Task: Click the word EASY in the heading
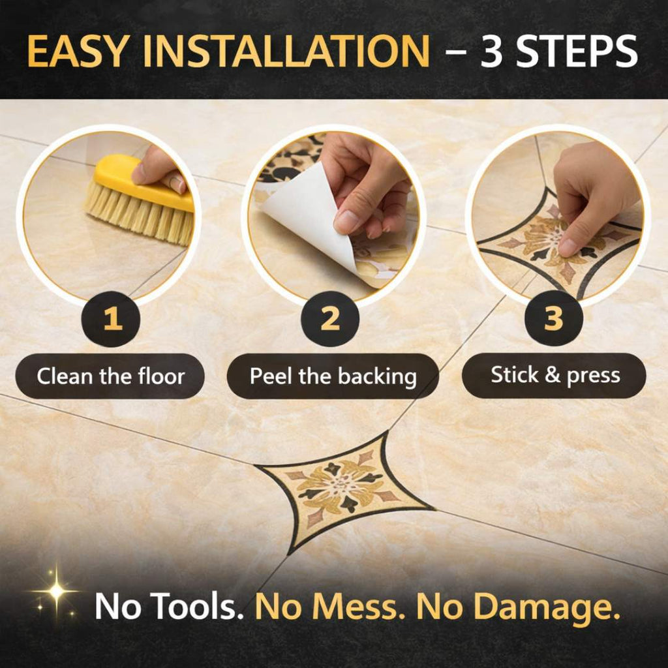pos(78,51)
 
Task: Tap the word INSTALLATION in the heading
pos(286,51)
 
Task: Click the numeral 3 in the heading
pos(492,51)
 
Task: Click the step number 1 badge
pos(111,318)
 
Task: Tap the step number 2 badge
pos(330,318)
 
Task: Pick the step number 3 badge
pos(554,318)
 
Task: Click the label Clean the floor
pos(110,376)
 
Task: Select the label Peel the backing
pos(333,376)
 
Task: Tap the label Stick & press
pos(554,375)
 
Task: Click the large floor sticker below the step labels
pos(344,491)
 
